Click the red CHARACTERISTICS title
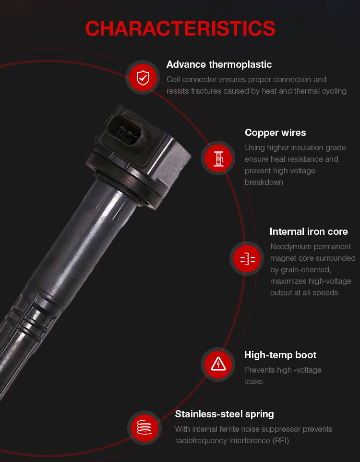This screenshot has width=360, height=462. tap(180, 29)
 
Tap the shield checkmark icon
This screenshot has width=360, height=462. tap(143, 78)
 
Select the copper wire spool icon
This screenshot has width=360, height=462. tap(218, 158)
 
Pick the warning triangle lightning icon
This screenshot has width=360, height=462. tap(218, 364)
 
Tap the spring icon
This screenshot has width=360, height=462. tap(144, 427)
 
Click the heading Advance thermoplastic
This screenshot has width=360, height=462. tap(219, 64)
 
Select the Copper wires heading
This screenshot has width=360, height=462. tap(275, 133)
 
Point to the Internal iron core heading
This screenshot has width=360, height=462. tap(309, 231)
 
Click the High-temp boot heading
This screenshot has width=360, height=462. tap(280, 355)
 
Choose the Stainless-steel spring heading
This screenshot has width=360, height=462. tap(224, 414)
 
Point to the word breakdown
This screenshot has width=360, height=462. tap(264, 182)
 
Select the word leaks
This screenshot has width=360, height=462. tap(253, 382)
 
